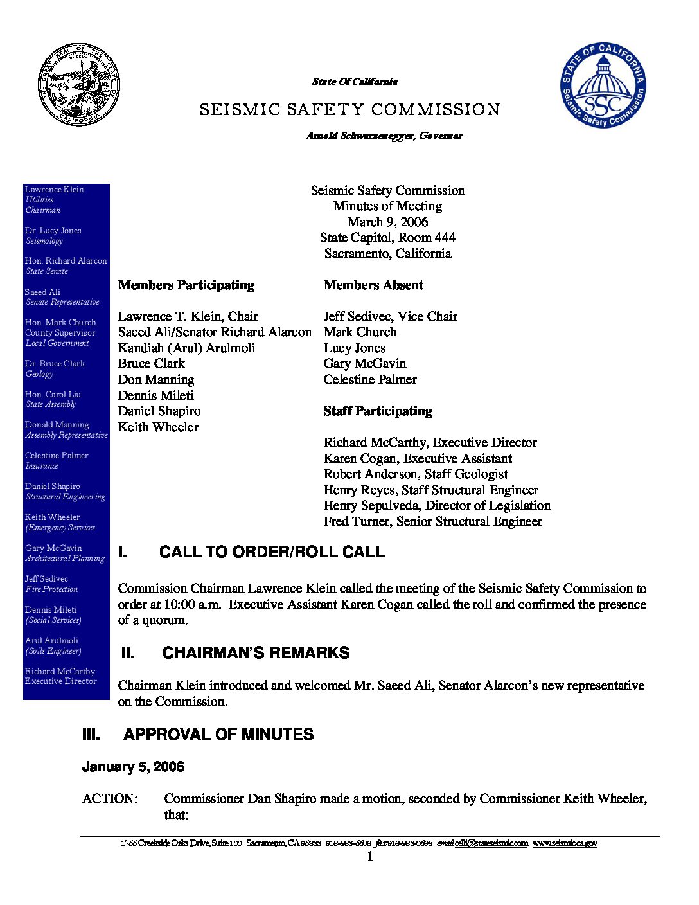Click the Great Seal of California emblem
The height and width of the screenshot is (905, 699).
coord(79,85)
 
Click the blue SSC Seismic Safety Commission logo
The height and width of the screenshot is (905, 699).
coord(603,85)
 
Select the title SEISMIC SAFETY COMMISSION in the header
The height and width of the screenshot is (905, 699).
coord(349,110)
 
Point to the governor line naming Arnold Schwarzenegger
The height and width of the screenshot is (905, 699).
coord(384,136)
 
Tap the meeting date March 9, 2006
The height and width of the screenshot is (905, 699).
coord(387,222)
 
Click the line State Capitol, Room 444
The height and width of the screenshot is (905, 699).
coord(387,237)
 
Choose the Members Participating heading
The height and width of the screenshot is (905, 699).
coord(186,285)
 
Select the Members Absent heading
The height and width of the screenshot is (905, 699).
coord(373,285)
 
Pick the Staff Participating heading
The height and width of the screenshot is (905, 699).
coord(378,411)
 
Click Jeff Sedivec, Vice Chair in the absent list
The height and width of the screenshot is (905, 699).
coord(390,316)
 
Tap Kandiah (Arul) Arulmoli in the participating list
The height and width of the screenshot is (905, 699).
coord(186,348)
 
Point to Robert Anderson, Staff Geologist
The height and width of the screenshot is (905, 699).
coord(416,474)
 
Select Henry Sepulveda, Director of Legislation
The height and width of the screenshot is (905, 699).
coord(437,505)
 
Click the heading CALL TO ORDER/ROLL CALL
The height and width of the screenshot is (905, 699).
coord(272,552)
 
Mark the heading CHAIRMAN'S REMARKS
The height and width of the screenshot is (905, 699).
coord(256,653)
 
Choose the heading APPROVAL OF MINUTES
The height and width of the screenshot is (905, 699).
coord(218,735)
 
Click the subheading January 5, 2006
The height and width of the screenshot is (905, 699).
coord(133,767)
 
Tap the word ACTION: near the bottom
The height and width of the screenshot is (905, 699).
coord(110,798)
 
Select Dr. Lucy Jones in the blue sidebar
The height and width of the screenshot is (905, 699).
coord(53,230)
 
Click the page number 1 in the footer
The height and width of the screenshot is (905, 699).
coord(370,857)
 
